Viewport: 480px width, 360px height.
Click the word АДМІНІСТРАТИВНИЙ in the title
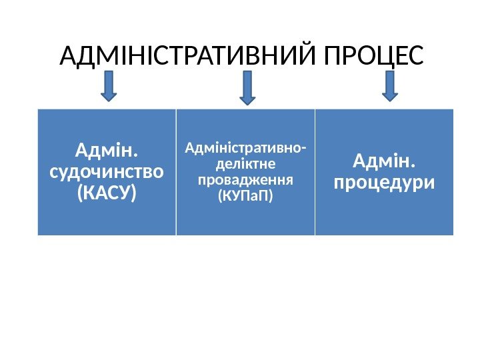click(188, 57)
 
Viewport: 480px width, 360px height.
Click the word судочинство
click(107, 172)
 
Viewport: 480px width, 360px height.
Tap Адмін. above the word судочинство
click(107, 151)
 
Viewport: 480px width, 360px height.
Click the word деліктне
click(245, 163)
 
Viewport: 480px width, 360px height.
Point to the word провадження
click(245, 180)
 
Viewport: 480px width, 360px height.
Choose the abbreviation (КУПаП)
click(245, 197)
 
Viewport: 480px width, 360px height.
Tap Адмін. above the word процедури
click(383, 161)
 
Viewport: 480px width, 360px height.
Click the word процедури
click(383, 182)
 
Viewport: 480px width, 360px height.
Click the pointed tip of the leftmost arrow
click(109, 100)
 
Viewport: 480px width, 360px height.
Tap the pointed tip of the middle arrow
click(247, 104)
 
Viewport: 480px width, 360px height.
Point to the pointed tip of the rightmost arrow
click(391, 100)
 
